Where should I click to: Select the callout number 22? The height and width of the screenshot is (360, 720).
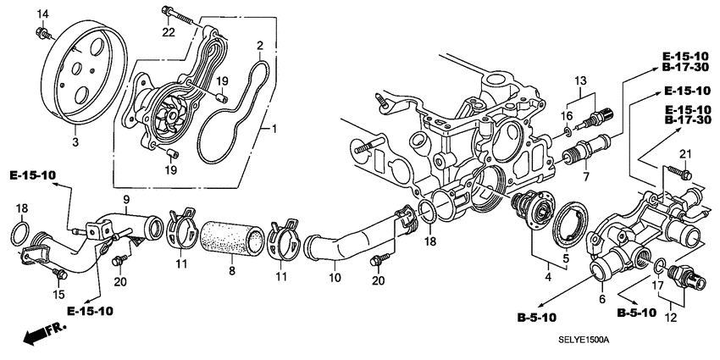(x=169, y=32)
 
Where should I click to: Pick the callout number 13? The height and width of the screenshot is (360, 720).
(x=581, y=80)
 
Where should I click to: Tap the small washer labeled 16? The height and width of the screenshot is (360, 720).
(x=567, y=131)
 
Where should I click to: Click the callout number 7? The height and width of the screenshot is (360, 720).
(x=584, y=177)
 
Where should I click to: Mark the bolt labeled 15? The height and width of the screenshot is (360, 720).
(x=59, y=272)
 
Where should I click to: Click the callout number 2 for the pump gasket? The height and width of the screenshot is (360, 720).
(x=260, y=45)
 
